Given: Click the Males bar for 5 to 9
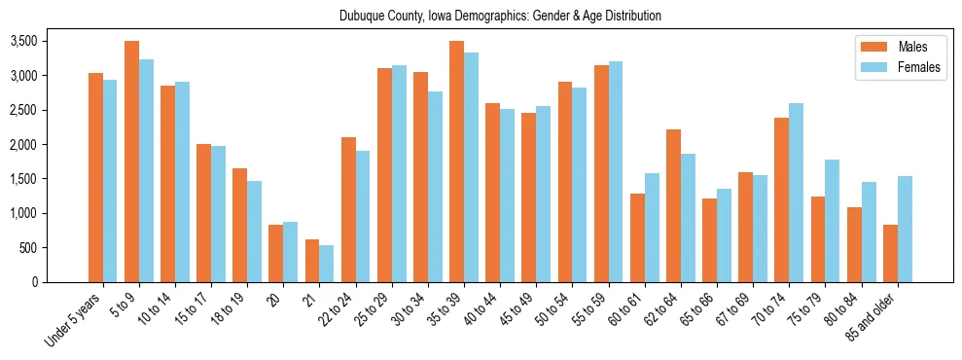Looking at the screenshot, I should (x=131, y=162).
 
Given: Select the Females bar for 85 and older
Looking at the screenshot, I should (x=905, y=229).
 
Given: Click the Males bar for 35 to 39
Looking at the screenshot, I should (x=456, y=162).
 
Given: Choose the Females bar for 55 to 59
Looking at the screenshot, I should (x=616, y=171).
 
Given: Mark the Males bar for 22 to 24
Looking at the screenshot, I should (x=348, y=209).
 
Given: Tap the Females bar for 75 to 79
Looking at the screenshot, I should (x=833, y=221).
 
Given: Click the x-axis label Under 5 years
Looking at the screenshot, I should (x=74, y=319).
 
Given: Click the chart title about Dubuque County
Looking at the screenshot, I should (x=501, y=16).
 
